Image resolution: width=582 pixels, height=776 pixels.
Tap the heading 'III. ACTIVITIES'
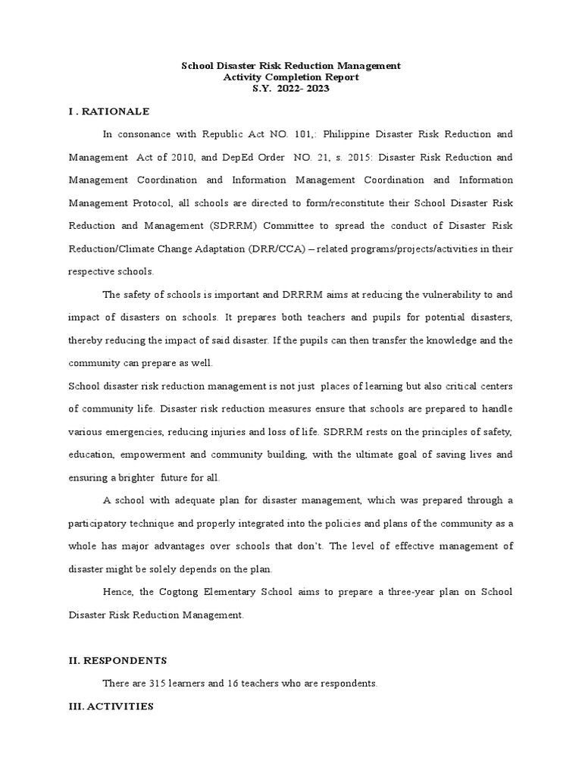click(111, 706)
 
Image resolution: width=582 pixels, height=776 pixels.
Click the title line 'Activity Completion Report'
click(291, 77)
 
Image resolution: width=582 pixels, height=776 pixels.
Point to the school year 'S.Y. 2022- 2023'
click(291, 89)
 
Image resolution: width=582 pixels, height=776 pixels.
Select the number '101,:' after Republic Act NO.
click(311, 134)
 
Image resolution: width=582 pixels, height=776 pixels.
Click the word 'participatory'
click(99, 523)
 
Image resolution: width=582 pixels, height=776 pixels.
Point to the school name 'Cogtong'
click(191, 592)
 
